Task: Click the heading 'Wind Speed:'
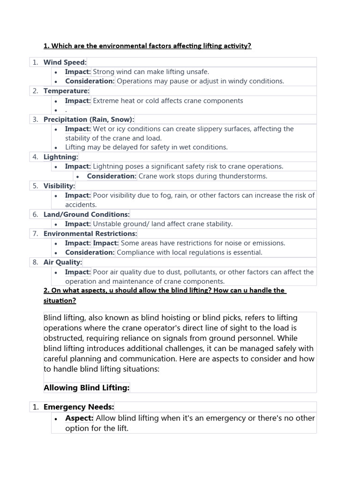65,62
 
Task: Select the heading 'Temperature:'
66,91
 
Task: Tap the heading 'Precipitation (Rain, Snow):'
89,120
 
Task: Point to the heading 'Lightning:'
61,157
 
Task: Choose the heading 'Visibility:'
59,186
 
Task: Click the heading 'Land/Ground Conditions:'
86,214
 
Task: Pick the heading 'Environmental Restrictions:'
90,233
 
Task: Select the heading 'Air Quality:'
62,262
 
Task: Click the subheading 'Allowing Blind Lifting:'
86,387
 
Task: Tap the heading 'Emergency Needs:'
79,407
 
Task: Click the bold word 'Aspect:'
79,418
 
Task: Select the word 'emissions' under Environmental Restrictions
268,243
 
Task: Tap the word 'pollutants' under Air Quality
202,272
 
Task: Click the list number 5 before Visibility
36,186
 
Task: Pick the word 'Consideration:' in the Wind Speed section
90,81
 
